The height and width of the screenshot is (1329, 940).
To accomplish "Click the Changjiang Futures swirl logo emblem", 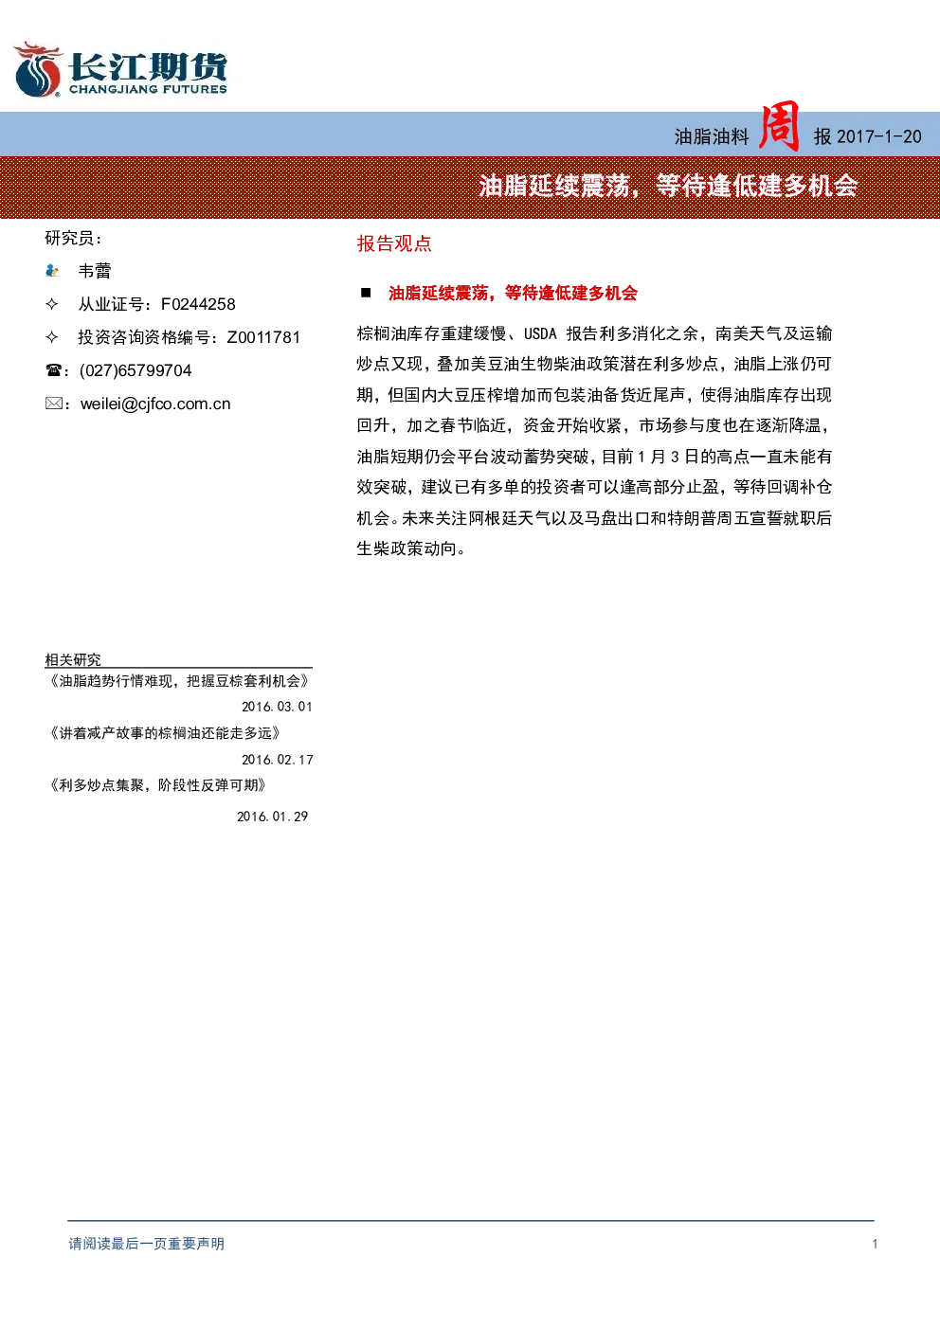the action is click(38, 69).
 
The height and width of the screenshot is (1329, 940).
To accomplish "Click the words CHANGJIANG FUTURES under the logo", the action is click(149, 90).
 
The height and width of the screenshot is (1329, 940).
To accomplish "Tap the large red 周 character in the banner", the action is click(779, 127).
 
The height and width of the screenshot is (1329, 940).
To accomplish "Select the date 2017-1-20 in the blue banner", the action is click(878, 137).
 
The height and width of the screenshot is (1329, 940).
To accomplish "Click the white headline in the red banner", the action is click(668, 187).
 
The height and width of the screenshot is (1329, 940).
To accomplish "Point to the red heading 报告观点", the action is click(394, 243).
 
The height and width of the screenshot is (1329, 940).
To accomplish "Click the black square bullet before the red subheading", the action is click(366, 292).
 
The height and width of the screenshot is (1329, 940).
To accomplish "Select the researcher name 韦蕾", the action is click(95, 271).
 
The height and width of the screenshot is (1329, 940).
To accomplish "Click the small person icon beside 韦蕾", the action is click(52, 271).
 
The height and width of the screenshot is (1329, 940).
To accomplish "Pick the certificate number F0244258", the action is click(198, 304).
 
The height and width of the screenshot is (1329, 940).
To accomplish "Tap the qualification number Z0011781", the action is click(263, 337).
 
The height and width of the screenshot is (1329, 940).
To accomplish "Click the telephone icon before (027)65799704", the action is click(53, 370).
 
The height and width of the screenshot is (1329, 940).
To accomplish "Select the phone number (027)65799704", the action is click(136, 370).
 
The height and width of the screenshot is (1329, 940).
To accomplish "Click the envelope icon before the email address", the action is click(53, 404).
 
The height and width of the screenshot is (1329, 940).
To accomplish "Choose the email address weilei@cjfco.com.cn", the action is click(155, 404).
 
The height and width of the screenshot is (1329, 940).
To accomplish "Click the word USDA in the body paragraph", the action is click(540, 334).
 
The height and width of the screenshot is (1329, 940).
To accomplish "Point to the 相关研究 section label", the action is click(73, 659).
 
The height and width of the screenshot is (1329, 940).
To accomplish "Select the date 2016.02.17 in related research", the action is click(277, 760).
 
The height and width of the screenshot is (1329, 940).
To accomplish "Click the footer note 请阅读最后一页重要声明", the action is click(147, 1244).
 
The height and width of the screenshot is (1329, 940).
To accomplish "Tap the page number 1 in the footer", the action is click(875, 1244).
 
